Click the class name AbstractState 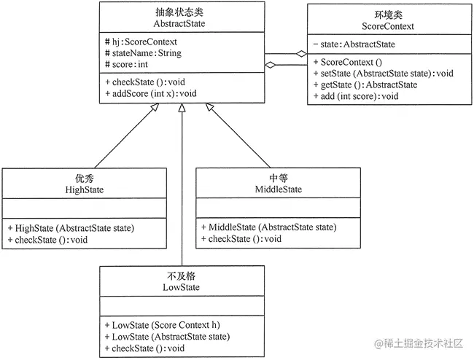click(x=182, y=23)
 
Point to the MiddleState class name click(x=277, y=189)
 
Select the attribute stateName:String click(x=144, y=53)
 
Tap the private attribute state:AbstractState click(x=355, y=45)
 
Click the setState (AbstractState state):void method click(x=383, y=73)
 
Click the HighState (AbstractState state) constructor click(x=71, y=227)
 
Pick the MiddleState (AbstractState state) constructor click(x=268, y=227)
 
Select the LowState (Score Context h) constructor click(x=159, y=324)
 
